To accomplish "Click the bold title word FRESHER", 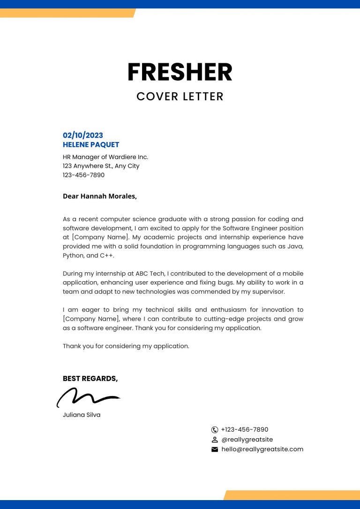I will pyautogui.click(x=180, y=72).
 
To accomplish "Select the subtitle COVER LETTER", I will pyautogui.click(x=180, y=97).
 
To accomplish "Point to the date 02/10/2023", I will pyautogui.click(x=83, y=135).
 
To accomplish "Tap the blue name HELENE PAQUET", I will pyautogui.click(x=91, y=145).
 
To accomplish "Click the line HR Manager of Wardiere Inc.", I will pyautogui.click(x=105, y=157).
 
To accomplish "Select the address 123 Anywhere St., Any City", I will pyautogui.click(x=101, y=166).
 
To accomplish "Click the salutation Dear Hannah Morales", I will pyautogui.click(x=100, y=196).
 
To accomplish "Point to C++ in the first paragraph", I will pyautogui.click(x=106, y=255).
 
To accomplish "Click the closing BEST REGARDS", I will pyautogui.click(x=90, y=379).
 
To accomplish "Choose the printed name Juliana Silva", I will pyautogui.click(x=82, y=415).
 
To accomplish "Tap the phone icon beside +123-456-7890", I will pyautogui.click(x=215, y=429).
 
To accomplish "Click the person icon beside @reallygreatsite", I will pyautogui.click(x=215, y=440).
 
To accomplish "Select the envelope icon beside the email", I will pyautogui.click(x=215, y=449).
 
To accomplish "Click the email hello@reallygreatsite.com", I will pyautogui.click(x=262, y=449).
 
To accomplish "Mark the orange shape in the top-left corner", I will pyautogui.click(x=66, y=13).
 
